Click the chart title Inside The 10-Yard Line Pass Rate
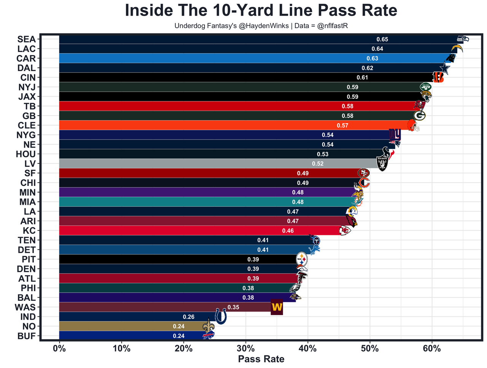(x=261, y=11)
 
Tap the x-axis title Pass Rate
(x=261, y=359)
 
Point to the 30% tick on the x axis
(x=246, y=348)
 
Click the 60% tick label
(x=432, y=348)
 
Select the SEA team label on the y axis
(x=26, y=39)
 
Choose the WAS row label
(x=25, y=307)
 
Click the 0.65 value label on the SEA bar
(x=382, y=40)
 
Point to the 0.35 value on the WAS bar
(x=233, y=307)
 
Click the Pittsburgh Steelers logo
(x=301, y=260)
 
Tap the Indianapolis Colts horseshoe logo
(x=221, y=316)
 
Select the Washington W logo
(x=277, y=307)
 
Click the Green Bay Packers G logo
(x=419, y=115)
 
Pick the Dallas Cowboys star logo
(x=444, y=68)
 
